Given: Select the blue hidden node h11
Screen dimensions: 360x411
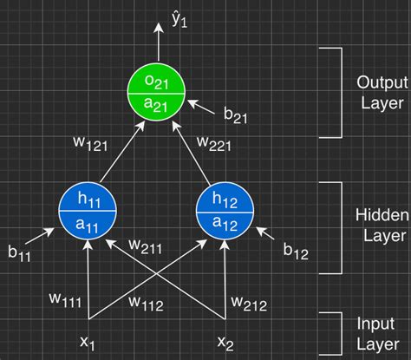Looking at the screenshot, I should [x=88, y=211].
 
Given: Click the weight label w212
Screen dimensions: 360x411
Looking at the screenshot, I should [x=249, y=303].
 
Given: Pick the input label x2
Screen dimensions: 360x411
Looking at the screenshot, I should [x=225, y=342].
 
